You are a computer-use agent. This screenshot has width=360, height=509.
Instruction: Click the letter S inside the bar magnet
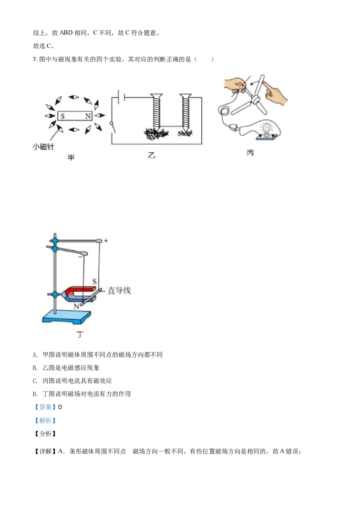tap(63, 116)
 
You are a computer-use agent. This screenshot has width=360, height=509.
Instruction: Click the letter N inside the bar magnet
tap(88, 116)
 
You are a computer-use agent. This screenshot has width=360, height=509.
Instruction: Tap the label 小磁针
tap(43, 147)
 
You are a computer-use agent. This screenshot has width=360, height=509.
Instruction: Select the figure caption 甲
tap(71, 157)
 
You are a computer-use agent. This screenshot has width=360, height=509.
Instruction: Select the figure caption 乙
tap(151, 156)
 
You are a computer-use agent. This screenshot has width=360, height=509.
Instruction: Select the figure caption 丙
tap(250, 153)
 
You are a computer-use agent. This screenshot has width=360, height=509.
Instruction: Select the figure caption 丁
tap(80, 335)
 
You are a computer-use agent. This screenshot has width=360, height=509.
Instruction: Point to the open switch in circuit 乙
tap(112, 127)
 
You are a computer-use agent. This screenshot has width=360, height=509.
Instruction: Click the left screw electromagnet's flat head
tap(157, 95)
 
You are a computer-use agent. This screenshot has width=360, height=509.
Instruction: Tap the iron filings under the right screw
tap(185, 133)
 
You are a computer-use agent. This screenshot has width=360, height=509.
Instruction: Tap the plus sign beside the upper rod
tap(106, 241)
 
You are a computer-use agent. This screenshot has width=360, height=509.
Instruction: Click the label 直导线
tap(119, 291)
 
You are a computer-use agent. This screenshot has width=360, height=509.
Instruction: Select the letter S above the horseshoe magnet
tap(94, 281)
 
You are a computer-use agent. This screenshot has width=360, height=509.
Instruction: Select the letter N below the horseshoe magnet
tap(76, 306)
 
